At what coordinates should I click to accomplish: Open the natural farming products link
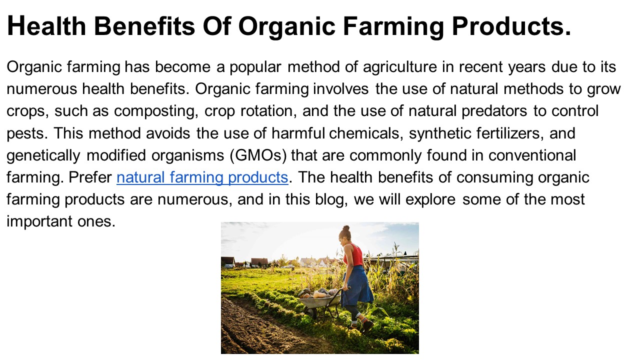tap(202, 177)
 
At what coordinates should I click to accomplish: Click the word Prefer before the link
tap(90, 177)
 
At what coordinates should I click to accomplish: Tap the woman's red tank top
tap(355, 256)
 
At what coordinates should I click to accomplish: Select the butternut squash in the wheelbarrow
tap(318, 294)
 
